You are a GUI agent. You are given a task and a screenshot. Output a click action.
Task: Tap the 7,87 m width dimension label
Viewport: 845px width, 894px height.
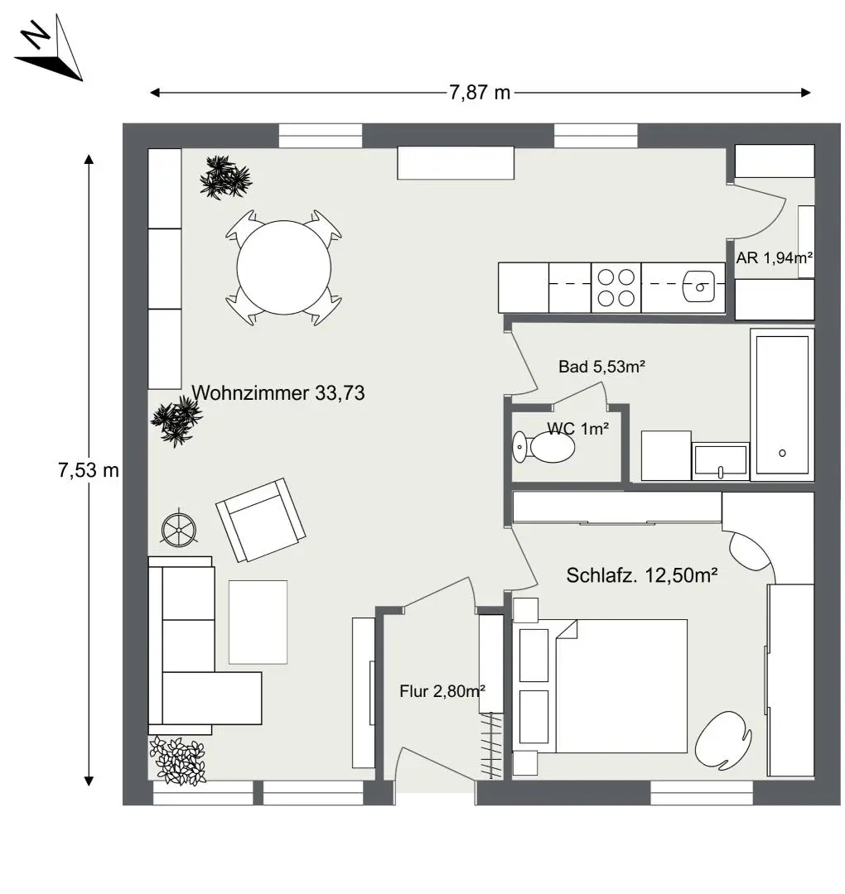click(480, 93)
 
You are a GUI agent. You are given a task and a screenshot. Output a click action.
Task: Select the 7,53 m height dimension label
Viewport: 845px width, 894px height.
click(89, 471)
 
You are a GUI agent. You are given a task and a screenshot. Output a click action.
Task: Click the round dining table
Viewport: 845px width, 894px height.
click(284, 267)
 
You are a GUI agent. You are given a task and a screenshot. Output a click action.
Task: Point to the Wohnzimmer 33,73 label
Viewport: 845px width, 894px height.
click(278, 393)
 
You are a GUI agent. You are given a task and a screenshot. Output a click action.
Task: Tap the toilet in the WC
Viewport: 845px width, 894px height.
click(547, 448)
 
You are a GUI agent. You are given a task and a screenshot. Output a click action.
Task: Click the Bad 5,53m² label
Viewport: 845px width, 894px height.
click(601, 367)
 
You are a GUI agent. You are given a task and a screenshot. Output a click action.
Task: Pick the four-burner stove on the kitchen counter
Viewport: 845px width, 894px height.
click(616, 287)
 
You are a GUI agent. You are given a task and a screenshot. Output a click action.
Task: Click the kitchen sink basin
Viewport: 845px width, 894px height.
click(701, 287)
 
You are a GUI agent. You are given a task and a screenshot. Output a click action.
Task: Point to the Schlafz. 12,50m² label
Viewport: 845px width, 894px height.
click(641, 575)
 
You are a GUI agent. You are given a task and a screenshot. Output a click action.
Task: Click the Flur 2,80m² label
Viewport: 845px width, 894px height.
click(442, 691)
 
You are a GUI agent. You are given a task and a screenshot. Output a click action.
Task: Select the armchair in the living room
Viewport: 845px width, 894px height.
click(260, 519)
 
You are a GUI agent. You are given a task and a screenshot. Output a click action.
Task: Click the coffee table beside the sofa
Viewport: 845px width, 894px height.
click(258, 622)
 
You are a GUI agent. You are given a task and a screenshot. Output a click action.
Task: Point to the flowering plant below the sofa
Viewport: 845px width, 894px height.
click(177, 760)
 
